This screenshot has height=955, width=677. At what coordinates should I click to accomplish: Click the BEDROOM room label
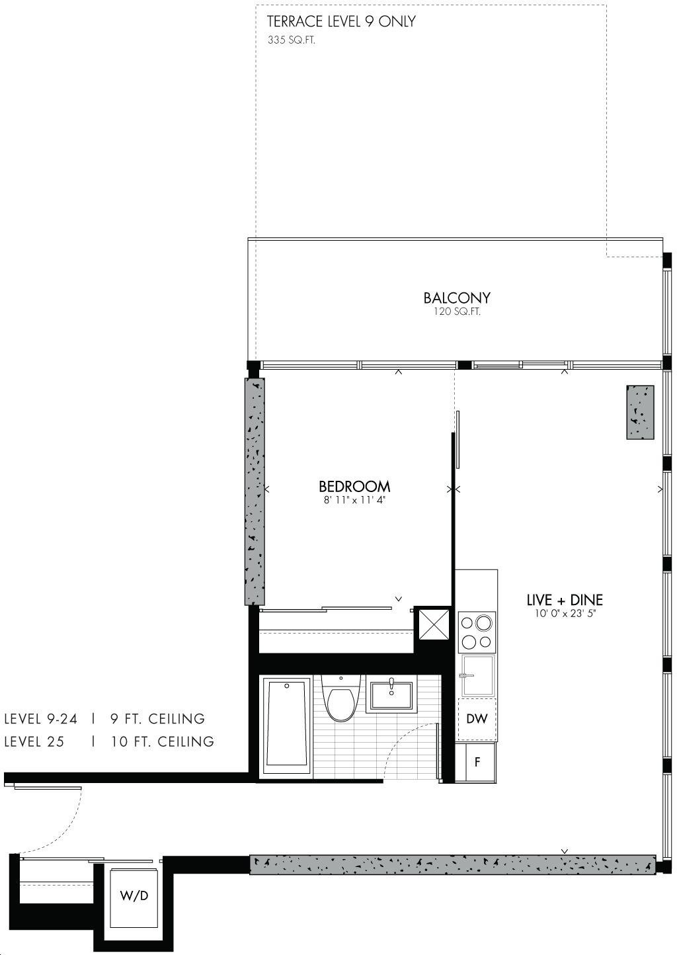click(354, 487)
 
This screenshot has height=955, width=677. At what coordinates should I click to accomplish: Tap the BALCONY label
click(457, 298)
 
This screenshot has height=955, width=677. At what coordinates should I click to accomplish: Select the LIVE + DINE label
click(565, 601)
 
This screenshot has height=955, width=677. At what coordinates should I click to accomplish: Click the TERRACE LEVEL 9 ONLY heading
click(341, 21)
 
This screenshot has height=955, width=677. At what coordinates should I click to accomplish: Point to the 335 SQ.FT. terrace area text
click(291, 40)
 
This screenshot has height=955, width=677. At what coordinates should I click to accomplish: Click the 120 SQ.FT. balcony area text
click(457, 311)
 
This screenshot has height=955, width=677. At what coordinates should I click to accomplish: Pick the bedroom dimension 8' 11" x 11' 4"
click(354, 500)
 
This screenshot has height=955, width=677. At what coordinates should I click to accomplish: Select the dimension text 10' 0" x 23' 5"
click(565, 614)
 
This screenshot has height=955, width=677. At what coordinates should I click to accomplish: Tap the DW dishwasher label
click(477, 720)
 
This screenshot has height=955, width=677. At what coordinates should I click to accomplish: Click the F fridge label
click(477, 762)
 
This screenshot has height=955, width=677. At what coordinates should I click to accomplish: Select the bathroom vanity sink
click(391, 696)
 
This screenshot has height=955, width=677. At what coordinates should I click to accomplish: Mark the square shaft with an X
click(434, 624)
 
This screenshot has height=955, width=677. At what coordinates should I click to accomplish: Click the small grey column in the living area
click(640, 412)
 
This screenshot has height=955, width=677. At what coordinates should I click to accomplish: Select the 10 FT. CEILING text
click(163, 741)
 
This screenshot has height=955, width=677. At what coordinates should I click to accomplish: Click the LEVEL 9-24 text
click(40, 719)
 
